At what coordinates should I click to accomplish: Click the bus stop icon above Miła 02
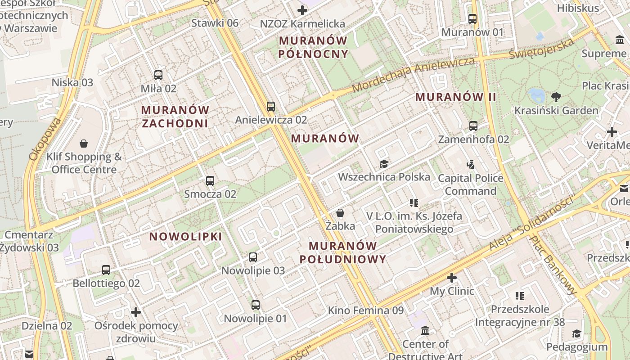point(158,75)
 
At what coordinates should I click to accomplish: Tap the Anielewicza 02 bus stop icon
point(270,107)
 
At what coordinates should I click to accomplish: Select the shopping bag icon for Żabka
point(341,212)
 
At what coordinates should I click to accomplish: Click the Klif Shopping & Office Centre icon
point(84,144)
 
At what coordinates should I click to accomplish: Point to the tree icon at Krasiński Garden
point(556,97)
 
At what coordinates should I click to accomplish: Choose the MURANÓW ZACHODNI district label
point(175,117)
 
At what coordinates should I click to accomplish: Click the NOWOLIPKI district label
point(185,237)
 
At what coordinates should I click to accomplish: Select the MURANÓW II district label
point(455,97)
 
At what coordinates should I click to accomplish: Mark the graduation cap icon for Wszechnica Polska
point(383,163)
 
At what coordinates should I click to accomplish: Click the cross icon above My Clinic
point(452,278)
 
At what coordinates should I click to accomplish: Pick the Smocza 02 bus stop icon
point(210,181)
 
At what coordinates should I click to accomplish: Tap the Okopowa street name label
point(44,139)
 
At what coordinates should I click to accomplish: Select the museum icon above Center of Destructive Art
point(425,331)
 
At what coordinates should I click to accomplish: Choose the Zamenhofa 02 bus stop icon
point(473,126)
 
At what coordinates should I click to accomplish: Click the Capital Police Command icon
point(471,165)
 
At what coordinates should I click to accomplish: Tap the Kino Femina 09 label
point(365,310)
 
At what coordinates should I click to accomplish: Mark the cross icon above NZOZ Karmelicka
point(302,10)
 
